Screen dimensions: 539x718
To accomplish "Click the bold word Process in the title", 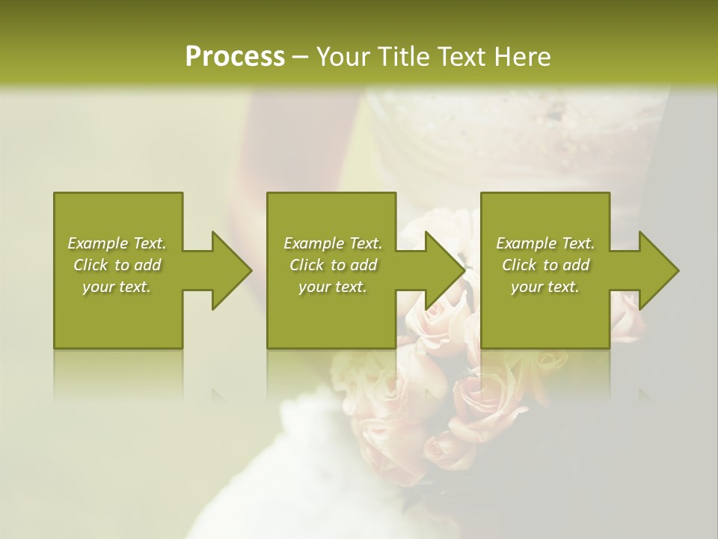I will click(x=235, y=57).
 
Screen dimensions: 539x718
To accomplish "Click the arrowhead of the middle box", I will click(x=444, y=270).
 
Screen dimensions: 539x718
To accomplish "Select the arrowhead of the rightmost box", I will click(x=658, y=270).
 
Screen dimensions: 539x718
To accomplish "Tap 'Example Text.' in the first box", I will click(x=117, y=243).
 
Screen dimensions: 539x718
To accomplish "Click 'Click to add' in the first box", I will click(x=117, y=265).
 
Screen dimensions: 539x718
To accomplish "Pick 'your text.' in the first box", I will click(x=117, y=287).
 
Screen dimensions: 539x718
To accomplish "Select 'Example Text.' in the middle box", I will click(x=333, y=243).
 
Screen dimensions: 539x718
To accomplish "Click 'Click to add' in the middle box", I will click(x=333, y=265).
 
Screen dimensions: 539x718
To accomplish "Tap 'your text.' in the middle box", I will click(x=333, y=287).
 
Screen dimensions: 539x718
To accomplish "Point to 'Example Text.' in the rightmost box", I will click(x=545, y=243).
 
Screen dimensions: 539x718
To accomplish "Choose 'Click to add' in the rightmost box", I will click(x=545, y=265).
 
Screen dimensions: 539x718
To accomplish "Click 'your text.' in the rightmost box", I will click(x=545, y=287).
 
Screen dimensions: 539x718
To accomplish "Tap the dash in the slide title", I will click(x=301, y=58).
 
